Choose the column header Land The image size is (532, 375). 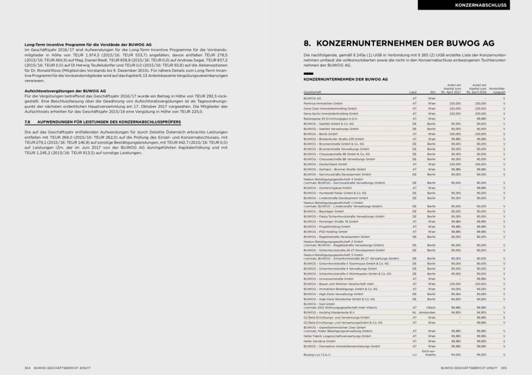414,91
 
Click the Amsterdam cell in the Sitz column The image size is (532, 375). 429,313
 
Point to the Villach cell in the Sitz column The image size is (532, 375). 431,307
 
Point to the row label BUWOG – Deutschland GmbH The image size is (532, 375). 325,164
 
